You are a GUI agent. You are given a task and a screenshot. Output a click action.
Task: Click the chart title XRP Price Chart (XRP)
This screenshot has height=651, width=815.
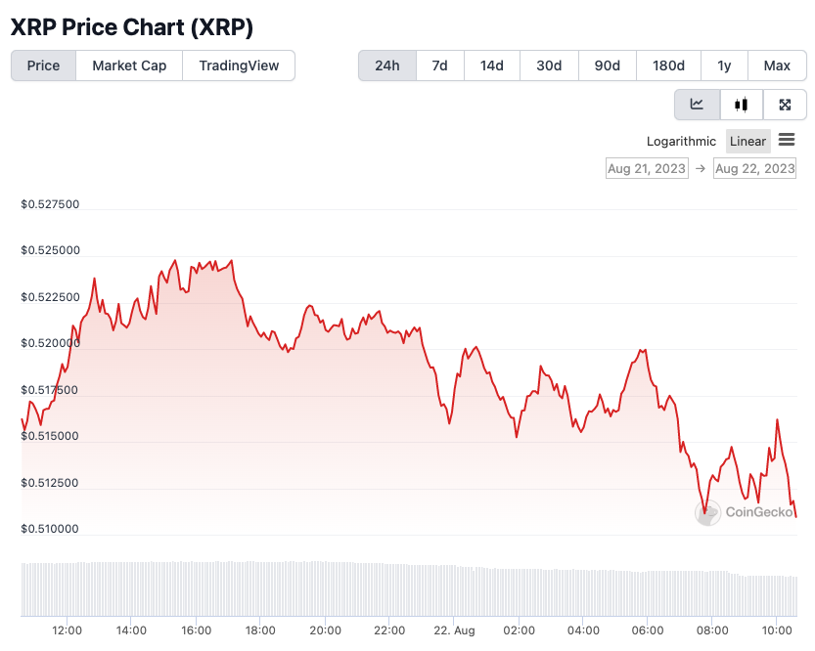[132, 27]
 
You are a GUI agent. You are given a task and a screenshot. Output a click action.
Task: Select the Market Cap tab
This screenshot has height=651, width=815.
[129, 65]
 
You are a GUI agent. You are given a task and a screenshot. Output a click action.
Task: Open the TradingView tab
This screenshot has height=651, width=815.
[239, 65]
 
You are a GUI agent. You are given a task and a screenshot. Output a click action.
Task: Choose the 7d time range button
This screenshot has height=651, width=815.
[440, 65]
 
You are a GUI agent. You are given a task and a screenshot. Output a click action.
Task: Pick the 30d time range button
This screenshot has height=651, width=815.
[549, 65]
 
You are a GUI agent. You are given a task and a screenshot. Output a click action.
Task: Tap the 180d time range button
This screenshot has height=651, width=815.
[668, 65]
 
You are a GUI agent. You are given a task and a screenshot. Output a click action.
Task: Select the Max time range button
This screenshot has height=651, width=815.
[777, 65]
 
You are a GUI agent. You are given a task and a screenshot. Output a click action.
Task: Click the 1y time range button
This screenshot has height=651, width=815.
[724, 65]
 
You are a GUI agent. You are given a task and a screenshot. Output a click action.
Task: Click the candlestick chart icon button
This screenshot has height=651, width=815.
[742, 105]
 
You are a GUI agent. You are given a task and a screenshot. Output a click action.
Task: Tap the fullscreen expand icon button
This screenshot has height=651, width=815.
[785, 105]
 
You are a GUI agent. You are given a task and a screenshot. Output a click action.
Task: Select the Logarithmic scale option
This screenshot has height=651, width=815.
[681, 141]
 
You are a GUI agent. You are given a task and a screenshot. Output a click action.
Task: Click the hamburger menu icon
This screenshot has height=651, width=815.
[787, 141]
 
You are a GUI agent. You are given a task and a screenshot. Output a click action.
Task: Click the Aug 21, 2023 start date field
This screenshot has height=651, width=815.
[647, 168]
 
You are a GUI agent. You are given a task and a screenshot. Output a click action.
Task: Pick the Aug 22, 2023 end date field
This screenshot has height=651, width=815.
[754, 168]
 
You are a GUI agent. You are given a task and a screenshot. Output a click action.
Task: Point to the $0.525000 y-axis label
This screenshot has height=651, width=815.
[50, 251]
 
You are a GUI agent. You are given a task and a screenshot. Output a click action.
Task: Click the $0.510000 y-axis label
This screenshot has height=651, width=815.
[50, 530]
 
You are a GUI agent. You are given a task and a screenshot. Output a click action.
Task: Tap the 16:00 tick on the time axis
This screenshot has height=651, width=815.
[196, 630]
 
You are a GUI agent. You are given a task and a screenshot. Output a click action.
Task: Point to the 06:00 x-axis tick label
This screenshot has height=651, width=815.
[648, 630]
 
